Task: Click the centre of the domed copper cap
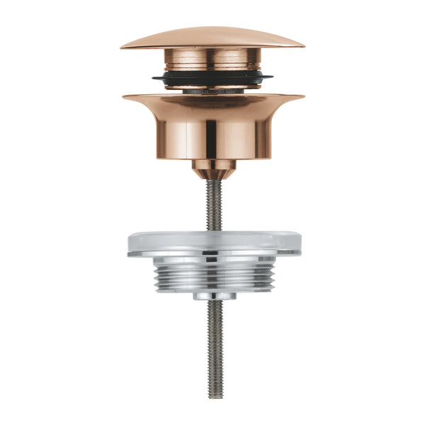(x=212, y=37)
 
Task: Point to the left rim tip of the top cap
(x=123, y=47)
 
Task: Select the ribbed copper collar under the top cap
(x=212, y=59)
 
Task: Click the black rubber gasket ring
(x=212, y=78)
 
